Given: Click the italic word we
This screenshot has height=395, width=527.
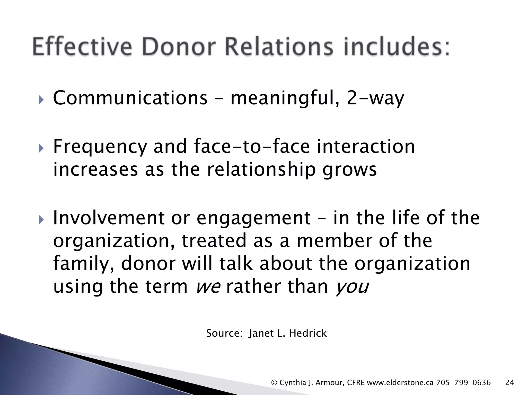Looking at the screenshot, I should (x=208, y=287).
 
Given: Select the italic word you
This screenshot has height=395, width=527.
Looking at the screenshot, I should (x=352, y=287).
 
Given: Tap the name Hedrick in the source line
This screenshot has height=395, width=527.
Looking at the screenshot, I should (x=308, y=333).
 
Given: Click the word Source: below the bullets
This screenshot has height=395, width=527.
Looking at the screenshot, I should (x=223, y=333).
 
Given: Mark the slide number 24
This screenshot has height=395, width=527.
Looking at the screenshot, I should (x=510, y=383).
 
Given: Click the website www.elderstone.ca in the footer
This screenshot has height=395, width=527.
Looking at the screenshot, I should (x=400, y=383).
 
